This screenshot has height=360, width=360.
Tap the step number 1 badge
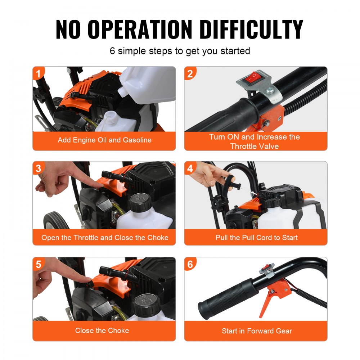(38, 73)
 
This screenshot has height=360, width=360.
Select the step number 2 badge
(190, 73)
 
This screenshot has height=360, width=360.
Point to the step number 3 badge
(38, 168)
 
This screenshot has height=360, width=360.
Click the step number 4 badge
(190, 168)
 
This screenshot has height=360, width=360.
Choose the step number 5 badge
(38, 264)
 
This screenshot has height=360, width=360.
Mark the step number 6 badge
(190, 264)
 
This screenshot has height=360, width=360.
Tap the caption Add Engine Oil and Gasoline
(104, 140)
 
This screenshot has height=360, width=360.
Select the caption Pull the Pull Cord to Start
(256, 238)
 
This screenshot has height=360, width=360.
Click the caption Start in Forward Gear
(256, 331)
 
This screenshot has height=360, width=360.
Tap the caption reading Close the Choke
(102, 330)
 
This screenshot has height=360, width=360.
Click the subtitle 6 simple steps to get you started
(180, 51)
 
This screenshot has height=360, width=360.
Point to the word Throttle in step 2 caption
(245, 146)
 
